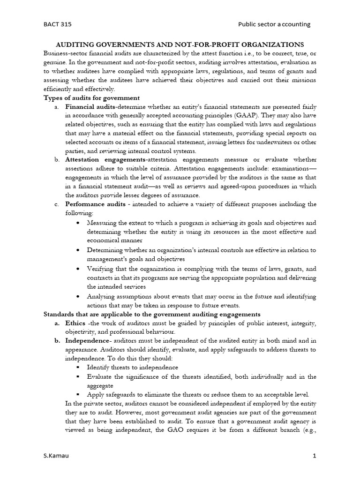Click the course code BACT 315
pyautogui.click(x=58, y=24)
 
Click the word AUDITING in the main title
pyautogui.click(x=78, y=45)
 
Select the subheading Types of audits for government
pyautogui.click(x=91, y=98)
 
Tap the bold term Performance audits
pyautogui.click(x=95, y=204)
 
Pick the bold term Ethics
pyautogui.click(x=75, y=323)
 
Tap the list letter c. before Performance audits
pyautogui.click(x=56, y=204)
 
